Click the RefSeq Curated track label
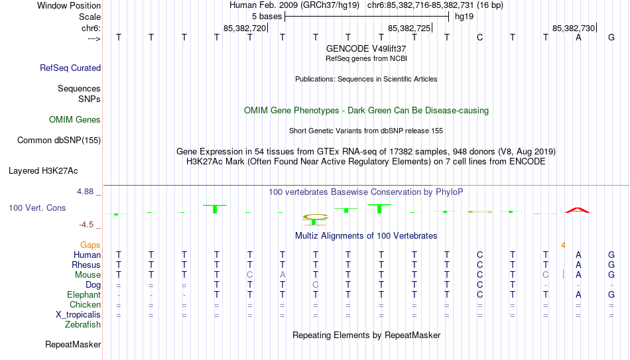[70, 68]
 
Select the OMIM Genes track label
[75, 120]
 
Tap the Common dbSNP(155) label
[59, 141]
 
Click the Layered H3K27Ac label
[43, 171]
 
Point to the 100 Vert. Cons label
[37, 208]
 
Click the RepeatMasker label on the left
[73, 344]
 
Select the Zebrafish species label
[83, 324]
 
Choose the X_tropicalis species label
[78, 315]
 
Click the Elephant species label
[84, 294]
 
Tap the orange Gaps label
[90, 245]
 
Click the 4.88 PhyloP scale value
[85, 192]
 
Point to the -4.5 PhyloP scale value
[86, 225]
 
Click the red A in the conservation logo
[578, 210]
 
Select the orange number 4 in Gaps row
[563, 245]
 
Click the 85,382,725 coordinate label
[409, 28]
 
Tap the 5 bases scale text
[267, 17]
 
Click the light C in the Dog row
[316, 285]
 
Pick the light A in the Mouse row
[283, 275]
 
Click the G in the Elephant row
[611, 294]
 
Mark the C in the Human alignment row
[479, 255]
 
